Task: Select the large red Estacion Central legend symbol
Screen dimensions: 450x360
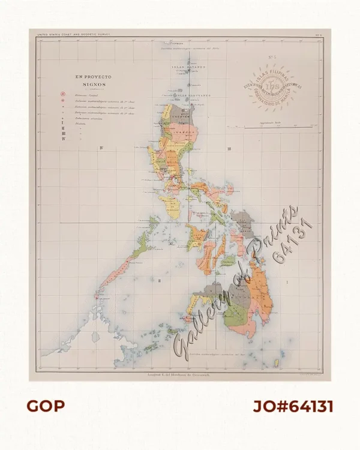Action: [x=61, y=94]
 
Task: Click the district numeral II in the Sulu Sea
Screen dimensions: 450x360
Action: [x=160, y=281]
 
